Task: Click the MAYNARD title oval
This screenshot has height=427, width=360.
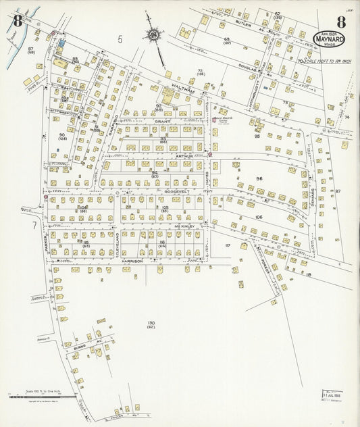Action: [x=328, y=39]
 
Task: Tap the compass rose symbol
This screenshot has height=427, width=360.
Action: [x=153, y=34]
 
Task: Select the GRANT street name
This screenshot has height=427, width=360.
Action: [x=162, y=121]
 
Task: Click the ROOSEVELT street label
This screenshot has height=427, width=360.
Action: [x=176, y=191]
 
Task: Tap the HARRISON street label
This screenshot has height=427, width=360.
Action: [x=132, y=260]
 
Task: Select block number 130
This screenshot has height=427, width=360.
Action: [x=151, y=324]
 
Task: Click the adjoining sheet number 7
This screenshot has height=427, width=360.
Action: [x=32, y=224]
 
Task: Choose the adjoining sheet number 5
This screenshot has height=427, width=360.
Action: [x=120, y=39]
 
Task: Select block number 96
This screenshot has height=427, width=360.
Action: [x=259, y=178]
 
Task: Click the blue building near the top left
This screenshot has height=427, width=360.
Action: [x=61, y=43]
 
